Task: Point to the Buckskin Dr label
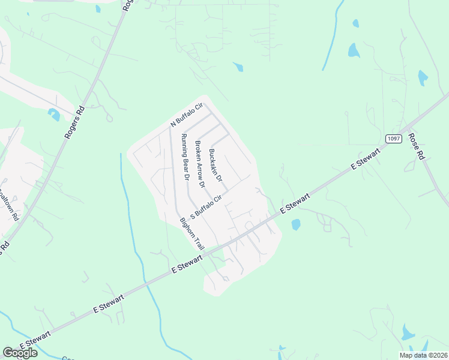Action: pyautogui.click(x=215, y=166)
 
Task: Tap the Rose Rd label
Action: pyautogui.click(x=416, y=145)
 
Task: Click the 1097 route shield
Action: pyautogui.click(x=393, y=139)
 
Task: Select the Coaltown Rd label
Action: pyautogui.click(x=9, y=205)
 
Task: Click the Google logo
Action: pyautogui.click(x=20, y=353)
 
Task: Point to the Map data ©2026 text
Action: pyautogui.click(x=423, y=355)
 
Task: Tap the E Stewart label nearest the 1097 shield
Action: pyautogui.click(x=367, y=161)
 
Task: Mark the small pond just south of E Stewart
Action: pyautogui.click(x=295, y=225)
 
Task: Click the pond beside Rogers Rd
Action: pyautogui.click(x=54, y=114)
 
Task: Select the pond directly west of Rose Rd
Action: pyautogui.click(x=423, y=78)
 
